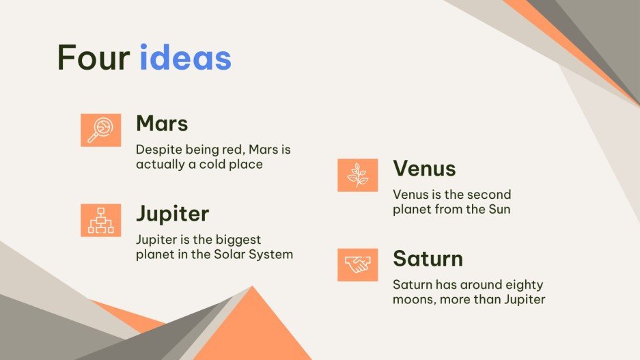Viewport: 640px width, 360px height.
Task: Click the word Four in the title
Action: [93, 58]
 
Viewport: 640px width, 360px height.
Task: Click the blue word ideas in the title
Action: [186, 58]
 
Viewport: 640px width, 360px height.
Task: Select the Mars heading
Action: [162, 124]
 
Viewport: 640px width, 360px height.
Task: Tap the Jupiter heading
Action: [172, 214]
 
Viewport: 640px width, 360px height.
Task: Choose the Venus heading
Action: [424, 169]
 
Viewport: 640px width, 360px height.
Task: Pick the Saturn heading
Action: [428, 259]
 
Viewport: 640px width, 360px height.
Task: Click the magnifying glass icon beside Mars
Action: [100, 130]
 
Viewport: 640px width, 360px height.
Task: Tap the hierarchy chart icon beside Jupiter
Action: [100, 220]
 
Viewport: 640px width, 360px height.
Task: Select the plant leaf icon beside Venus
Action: [357, 175]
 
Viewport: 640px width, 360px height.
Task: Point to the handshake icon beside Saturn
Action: [357, 265]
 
